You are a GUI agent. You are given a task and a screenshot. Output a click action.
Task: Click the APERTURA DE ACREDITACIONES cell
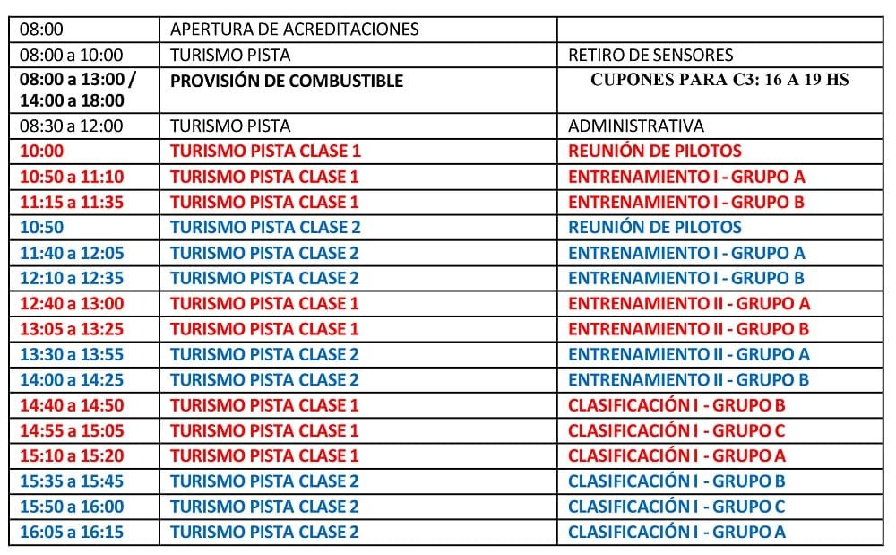pos(294,30)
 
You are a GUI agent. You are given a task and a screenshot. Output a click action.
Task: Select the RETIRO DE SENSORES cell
pos(650,55)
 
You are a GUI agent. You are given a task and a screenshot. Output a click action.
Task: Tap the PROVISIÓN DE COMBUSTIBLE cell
pos(287,81)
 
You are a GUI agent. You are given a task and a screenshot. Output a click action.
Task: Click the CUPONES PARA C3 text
pos(719,80)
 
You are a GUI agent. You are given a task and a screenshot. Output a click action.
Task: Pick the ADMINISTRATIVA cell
pos(635,126)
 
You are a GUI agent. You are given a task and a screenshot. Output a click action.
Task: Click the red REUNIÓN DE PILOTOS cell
pos(654,152)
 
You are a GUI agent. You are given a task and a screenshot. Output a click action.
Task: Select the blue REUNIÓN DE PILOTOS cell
pos(654,228)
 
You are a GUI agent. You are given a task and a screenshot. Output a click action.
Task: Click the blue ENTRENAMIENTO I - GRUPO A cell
pos(686,253)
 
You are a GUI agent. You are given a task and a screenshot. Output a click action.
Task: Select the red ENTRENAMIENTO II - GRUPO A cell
pos(688,304)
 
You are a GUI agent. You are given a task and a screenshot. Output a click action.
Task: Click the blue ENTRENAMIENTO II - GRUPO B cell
pos(688,380)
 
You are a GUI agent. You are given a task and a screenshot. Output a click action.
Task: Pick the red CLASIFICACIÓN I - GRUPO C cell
pos(676,431)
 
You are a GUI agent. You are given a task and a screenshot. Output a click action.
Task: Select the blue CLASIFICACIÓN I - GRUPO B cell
pos(676,481)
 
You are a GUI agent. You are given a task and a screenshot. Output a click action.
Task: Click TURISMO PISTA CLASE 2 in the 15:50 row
pos(264,507)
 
